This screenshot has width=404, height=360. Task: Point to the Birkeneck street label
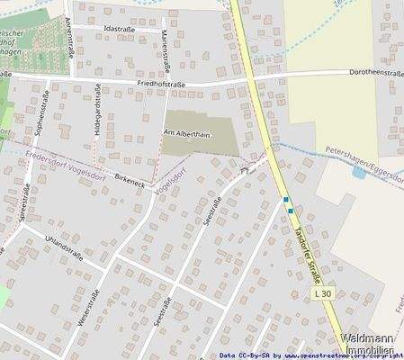click(x=130, y=181)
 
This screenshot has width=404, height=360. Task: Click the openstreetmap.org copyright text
click(x=333, y=355)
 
